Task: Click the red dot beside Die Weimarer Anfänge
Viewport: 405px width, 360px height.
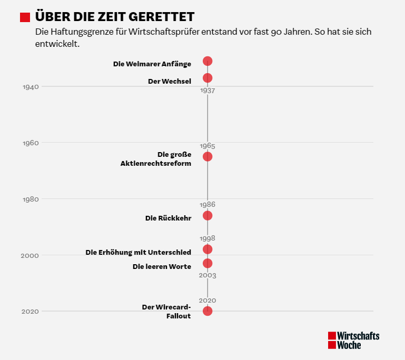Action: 208,61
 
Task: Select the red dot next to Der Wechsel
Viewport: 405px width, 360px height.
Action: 208,78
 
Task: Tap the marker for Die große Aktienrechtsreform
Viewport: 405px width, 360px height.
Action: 208,156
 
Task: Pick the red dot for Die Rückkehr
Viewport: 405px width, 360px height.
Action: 208,215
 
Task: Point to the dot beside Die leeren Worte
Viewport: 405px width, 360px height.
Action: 208,263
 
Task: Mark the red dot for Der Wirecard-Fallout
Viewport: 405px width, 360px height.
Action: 208,311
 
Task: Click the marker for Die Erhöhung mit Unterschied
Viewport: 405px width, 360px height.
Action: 208,249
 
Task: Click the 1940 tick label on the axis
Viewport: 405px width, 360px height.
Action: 31,87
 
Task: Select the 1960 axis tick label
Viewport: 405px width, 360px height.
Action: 31,143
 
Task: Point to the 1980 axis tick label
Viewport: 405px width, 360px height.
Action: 31,199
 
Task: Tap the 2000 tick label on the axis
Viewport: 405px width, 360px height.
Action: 31,256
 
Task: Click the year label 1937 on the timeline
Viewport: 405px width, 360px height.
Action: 208,91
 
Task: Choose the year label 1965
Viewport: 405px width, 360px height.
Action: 208,146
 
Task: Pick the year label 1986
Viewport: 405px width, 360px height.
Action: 208,204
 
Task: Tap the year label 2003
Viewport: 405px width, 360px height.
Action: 208,275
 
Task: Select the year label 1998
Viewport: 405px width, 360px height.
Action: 208,238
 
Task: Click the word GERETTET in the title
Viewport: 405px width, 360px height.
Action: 160,17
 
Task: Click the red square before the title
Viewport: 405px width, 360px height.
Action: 25,17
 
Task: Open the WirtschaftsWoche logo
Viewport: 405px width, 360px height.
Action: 353,340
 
